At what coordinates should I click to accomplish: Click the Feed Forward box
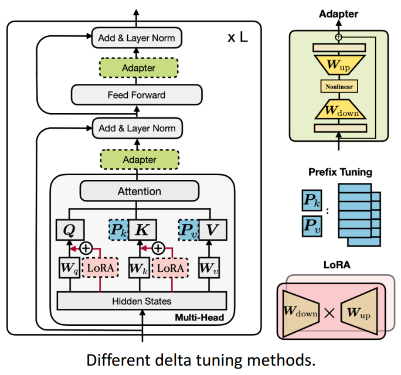tap(136, 94)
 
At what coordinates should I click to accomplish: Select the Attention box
tap(139, 191)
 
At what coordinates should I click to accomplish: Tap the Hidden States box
tap(141, 301)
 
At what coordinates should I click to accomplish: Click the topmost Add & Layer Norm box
tap(137, 39)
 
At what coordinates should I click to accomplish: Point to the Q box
tap(69, 229)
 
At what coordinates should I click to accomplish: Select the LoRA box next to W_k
tap(171, 268)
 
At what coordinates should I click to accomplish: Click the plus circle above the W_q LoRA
tap(87, 247)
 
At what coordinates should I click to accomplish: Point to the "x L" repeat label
tap(237, 39)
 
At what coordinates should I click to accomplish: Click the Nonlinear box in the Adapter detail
tap(338, 86)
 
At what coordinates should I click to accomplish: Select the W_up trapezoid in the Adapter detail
tap(338, 63)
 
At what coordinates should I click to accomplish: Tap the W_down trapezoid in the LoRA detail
tap(301, 313)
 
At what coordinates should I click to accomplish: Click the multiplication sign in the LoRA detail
tap(329, 313)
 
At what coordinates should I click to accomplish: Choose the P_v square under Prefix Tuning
tap(311, 227)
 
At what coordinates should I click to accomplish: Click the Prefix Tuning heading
tap(339, 172)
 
